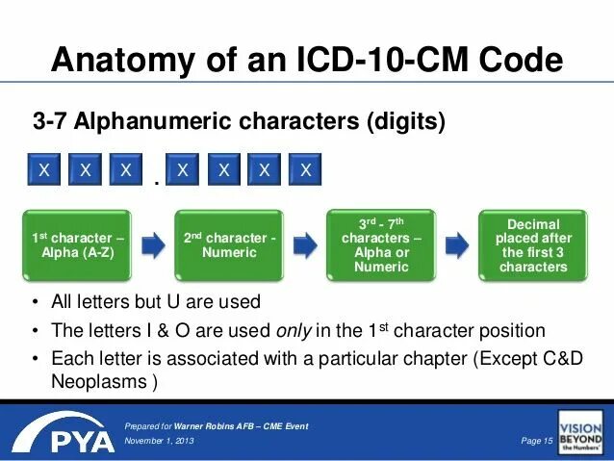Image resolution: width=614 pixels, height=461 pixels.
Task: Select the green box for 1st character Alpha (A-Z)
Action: (80, 244)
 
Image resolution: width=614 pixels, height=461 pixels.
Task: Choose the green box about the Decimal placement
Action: (533, 244)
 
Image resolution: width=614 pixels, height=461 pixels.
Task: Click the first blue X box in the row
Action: (43, 170)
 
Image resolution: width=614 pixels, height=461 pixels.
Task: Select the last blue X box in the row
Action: (305, 170)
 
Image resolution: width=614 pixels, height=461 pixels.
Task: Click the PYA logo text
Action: (66, 439)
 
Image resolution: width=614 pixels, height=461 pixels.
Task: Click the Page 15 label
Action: (532, 440)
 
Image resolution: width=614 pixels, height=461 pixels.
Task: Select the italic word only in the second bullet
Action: (293, 330)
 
